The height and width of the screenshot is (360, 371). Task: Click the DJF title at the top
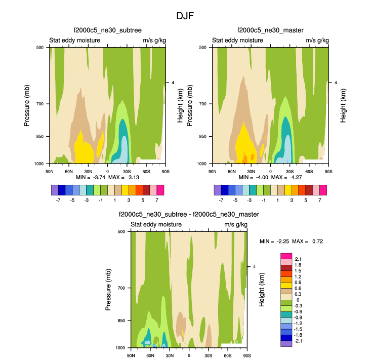[185, 16]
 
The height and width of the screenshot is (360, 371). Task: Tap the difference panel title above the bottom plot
[188, 215]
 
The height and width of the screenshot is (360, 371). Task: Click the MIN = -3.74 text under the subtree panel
[91, 178]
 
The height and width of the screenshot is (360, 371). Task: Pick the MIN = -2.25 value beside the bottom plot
[275, 242]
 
